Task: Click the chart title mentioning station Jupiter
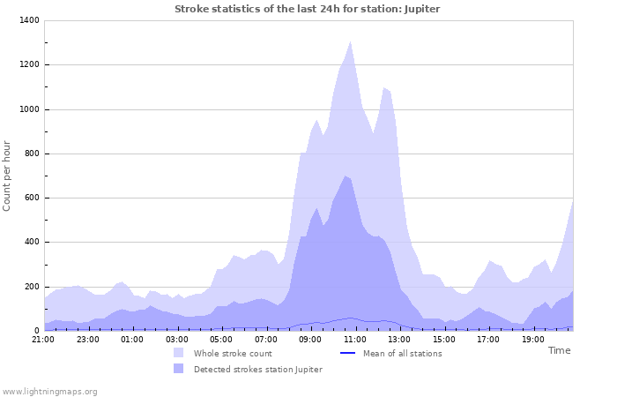307,9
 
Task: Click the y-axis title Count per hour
7,176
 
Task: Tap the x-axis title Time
559,350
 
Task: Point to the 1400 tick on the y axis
28,20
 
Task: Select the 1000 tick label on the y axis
28,109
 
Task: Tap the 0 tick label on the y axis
36,331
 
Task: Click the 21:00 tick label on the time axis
43,339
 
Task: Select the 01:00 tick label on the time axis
132,339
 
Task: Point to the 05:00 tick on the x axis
221,339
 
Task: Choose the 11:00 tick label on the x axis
354,339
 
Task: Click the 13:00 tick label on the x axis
399,339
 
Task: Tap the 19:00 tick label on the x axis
532,339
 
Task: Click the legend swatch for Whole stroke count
179,353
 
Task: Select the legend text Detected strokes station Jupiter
257,370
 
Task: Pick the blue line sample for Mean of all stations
347,353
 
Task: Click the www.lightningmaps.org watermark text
49,391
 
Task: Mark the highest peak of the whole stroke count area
351,41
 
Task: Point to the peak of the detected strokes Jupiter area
346,176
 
